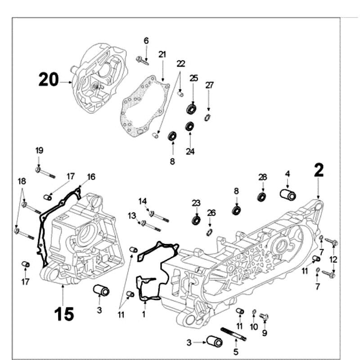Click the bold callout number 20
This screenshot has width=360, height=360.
(x=49, y=80)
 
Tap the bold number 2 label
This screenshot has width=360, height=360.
(x=319, y=170)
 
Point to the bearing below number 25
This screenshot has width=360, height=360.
(x=193, y=109)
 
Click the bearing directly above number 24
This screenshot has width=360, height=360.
(x=190, y=126)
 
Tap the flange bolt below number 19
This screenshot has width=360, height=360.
(x=44, y=171)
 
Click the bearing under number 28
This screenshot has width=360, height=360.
(x=262, y=197)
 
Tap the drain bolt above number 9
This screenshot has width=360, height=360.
(x=265, y=317)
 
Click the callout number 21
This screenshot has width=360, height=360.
(x=162, y=54)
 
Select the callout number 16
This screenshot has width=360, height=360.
(x=91, y=177)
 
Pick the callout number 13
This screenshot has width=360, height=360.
(x=131, y=216)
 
